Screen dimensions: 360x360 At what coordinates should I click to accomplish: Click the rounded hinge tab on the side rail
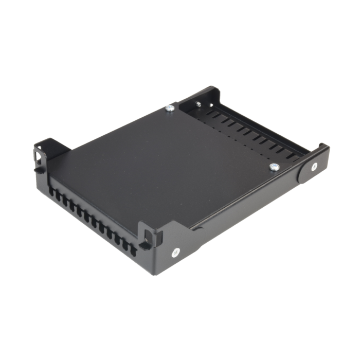tap(308, 168)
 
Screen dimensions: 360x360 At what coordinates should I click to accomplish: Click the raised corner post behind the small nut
tap(211, 93)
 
